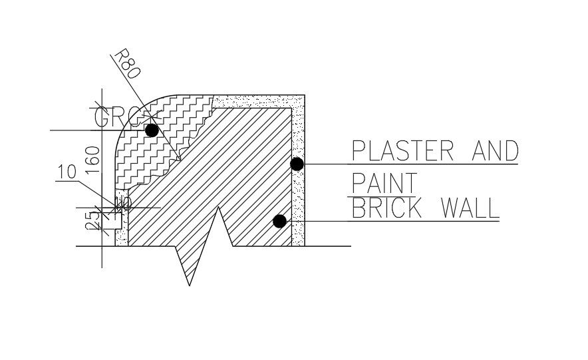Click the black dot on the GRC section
[x=152, y=130]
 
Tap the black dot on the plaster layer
[x=297, y=164]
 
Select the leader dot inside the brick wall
[x=280, y=221]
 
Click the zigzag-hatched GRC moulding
[x=143, y=153]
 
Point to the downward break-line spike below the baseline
[x=189, y=273]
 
